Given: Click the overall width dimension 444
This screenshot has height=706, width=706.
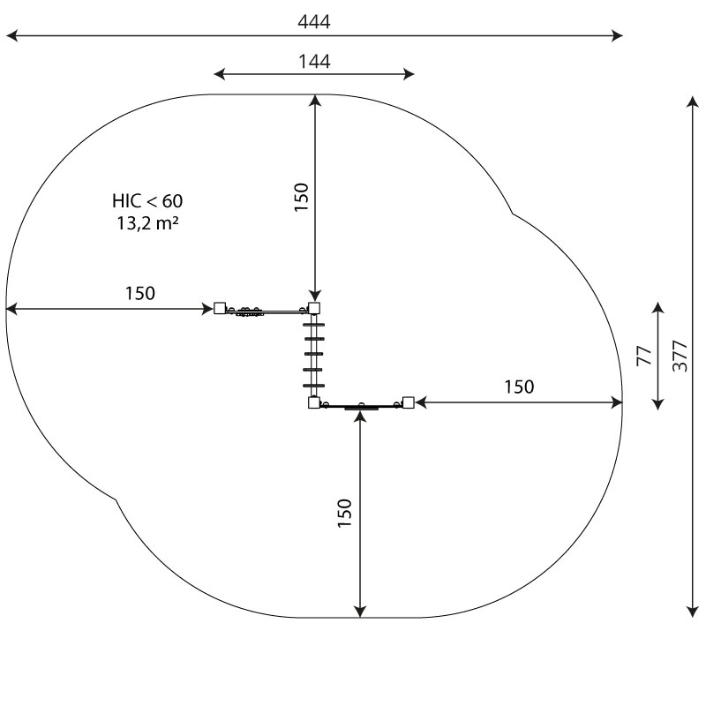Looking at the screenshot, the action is (x=314, y=21).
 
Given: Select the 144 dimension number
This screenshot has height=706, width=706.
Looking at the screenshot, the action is (x=314, y=61).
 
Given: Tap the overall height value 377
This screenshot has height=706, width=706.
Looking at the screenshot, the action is (x=680, y=357).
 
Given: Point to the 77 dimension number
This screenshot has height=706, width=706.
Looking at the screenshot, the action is (x=644, y=356).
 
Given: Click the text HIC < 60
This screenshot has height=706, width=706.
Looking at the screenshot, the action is (x=147, y=201).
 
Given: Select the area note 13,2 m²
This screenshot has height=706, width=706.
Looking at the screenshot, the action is (x=147, y=223).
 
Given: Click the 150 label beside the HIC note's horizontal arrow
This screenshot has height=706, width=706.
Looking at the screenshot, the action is (x=140, y=294).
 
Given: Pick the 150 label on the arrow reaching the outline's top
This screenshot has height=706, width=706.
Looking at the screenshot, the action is (x=301, y=197).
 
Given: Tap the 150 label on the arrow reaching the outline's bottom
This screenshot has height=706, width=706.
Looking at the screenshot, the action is (x=344, y=514).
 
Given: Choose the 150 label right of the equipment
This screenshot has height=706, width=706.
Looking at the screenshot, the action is (x=519, y=387).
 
